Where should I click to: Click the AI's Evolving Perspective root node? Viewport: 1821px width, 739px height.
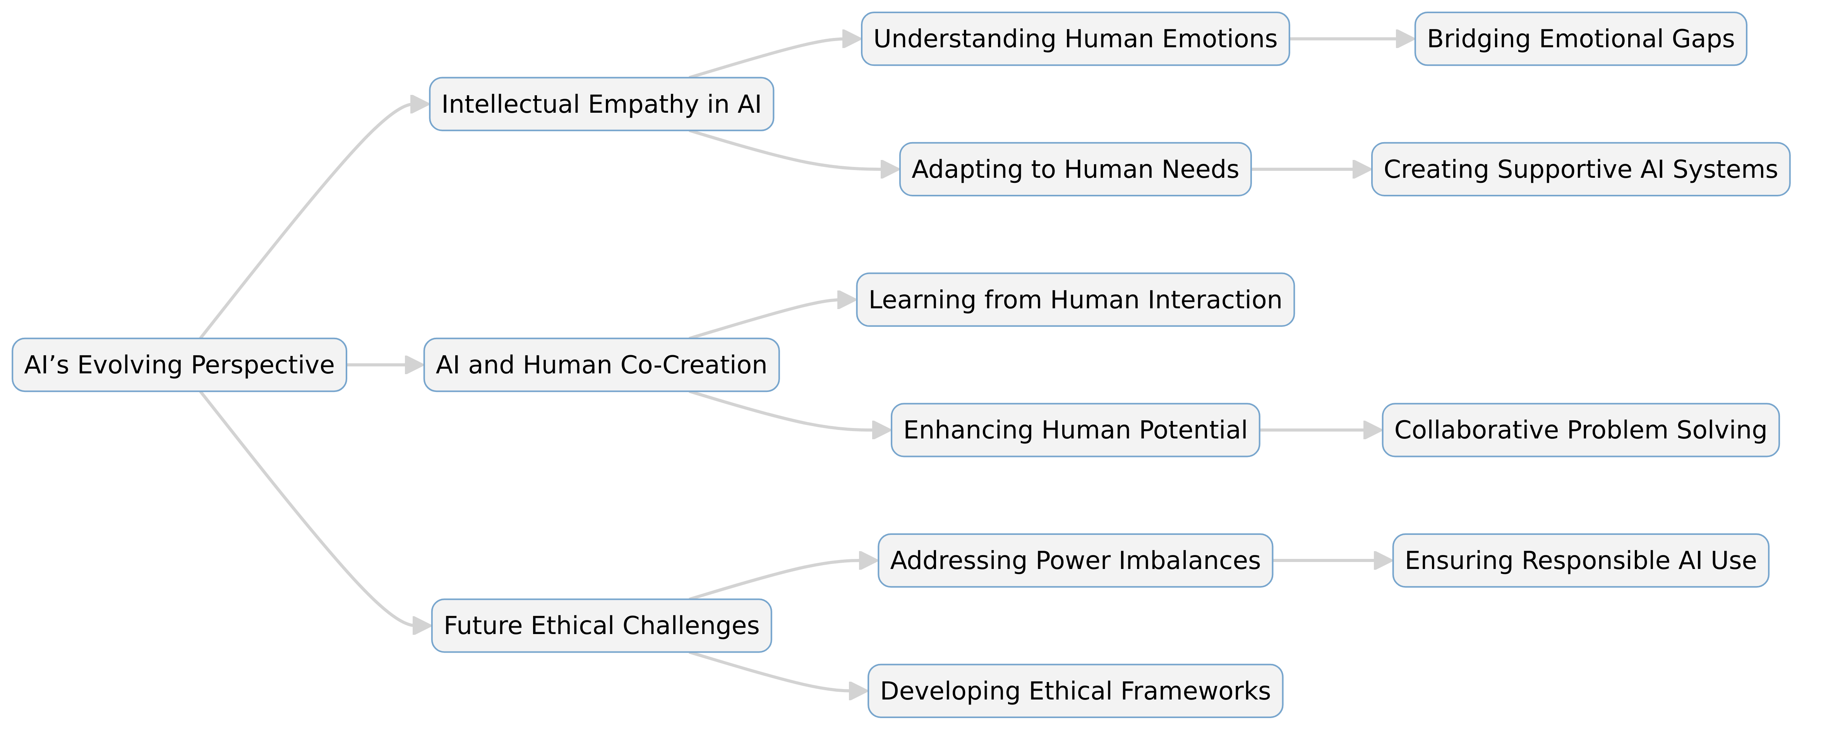(x=179, y=365)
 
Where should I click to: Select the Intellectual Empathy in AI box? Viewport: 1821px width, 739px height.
(x=601, y=104)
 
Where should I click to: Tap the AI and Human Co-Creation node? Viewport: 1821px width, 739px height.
(x=601, y=365)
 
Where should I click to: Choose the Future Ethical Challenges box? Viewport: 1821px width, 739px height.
(x=601, y=626)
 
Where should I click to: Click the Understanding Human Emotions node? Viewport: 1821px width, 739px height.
(x=1075, y=39)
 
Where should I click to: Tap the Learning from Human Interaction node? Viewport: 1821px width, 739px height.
(x=1075, y=300)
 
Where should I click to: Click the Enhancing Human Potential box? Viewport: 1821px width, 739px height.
(x=1075, y=430)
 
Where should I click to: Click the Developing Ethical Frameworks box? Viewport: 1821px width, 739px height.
(x=1075, y=691)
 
